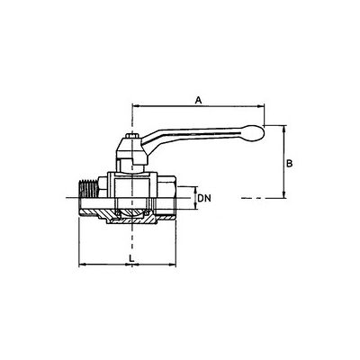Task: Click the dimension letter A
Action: pos(198,100)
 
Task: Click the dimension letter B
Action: pos(290,164)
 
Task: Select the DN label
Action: pos(204,198)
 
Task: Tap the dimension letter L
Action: pos(131,258)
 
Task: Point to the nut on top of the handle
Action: pos(132,136)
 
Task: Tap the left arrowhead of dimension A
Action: pos(136,106)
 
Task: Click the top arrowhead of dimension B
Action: pos(284,130)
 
